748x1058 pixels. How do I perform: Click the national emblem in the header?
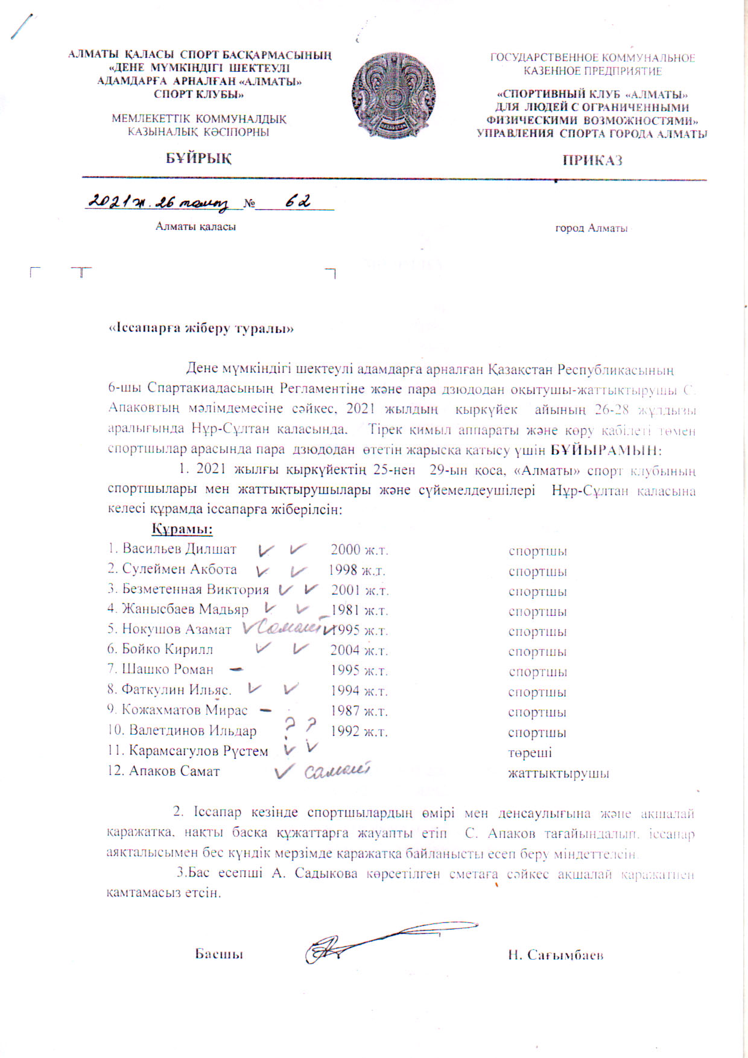click(393, 95)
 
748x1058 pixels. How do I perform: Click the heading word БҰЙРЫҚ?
click(198, 158)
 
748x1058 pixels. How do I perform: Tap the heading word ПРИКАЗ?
click(592, 160)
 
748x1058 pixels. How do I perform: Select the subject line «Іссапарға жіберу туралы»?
click(201, 329)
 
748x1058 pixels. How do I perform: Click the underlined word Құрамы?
click(182, 530)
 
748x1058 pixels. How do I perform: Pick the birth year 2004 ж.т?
click(358, 650)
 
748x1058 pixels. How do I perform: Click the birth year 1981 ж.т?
click(358, 610)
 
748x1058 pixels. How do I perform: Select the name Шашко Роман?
click(167, 670)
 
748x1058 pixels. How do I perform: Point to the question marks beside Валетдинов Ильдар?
click(300, 726)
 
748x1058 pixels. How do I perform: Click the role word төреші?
click(530, 753)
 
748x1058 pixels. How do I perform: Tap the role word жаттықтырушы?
click(558, 773)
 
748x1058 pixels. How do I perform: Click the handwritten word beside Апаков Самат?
click(337, 771)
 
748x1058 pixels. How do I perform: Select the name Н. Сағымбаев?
click(555, 955)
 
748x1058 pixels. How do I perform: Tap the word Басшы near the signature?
click(218, 954)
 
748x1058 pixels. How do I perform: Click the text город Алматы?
click(591, 228)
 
